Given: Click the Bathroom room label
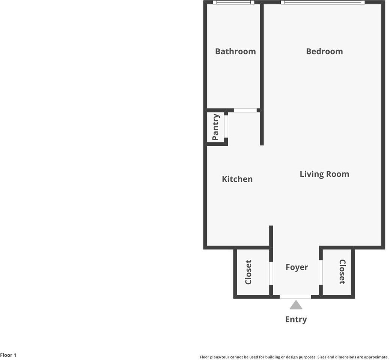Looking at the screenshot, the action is (235, 51).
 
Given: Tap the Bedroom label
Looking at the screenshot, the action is (324, 51).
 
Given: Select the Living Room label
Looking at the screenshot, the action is (324, 174).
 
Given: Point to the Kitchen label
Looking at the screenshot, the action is (237, 179).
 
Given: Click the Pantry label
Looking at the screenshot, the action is (215, 127).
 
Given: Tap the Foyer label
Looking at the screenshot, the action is (297, 267).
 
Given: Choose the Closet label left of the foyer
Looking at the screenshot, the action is (248, 272).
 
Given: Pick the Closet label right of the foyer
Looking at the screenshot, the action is (342, 272).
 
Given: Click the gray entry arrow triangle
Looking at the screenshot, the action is (296, 305).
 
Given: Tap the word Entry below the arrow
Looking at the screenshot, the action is (296, 319).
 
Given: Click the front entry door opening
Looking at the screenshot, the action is (295, 297).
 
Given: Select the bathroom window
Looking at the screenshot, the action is (233, 2).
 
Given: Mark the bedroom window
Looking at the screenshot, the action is (322, 2).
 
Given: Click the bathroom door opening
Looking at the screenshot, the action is (245, 110).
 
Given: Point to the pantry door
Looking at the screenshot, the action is (226, 126).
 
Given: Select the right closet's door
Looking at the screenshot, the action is (321, 273).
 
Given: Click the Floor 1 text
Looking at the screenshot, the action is (8, 355).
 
